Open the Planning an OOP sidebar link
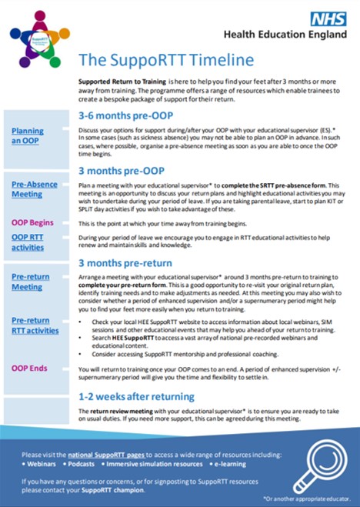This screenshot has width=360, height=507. pyautogui.click(x=28, y=136)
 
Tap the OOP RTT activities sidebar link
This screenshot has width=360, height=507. pyautogui.click(x=28, y=242)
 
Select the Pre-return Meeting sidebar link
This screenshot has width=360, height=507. pyautogui.click(x=30, y=282)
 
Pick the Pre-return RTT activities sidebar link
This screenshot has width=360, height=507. pyautogui.click(x=35, y=326)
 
